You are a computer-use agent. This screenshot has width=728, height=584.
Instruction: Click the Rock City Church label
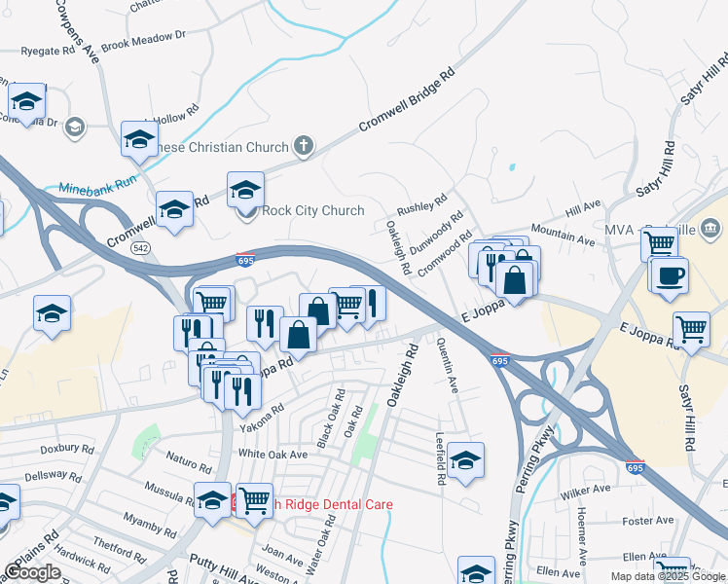313,210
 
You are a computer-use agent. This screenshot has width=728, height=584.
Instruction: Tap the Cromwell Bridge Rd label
406,100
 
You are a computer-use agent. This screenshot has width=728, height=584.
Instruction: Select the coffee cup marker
669,275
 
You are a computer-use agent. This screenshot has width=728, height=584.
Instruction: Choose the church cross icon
303,147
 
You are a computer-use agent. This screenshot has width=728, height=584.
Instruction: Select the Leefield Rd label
441,458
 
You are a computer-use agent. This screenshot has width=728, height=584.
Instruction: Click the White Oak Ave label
273,455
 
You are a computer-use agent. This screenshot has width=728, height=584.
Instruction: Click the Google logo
32,572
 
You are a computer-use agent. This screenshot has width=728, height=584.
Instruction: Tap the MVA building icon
710,229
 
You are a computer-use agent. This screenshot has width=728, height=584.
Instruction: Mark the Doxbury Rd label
67,451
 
